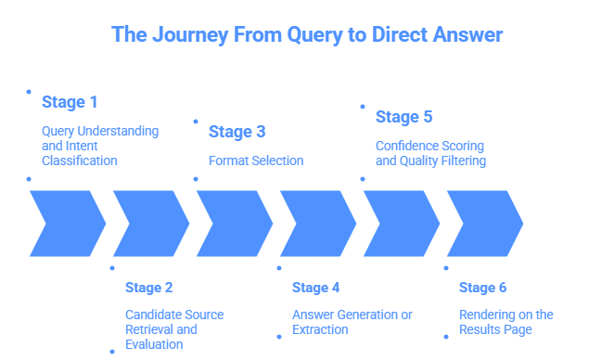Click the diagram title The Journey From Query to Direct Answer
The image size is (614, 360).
(307, 35)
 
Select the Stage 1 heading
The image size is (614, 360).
(69, 101)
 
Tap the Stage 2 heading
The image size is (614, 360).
(149, 287)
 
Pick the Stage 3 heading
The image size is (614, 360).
(236, 131)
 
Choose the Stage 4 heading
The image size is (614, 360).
(316, 287)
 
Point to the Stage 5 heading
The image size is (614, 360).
(403, 117)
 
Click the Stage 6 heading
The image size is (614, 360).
(482, 287)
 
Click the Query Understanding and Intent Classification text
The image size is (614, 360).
(99, 146)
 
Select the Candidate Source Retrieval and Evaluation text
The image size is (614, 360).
(174, 329)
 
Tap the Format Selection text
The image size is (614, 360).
(256, 161)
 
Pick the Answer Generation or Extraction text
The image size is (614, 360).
(352, 322)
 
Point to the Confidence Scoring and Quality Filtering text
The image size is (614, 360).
(429, 153)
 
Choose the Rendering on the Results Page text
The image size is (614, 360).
(505, 322)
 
